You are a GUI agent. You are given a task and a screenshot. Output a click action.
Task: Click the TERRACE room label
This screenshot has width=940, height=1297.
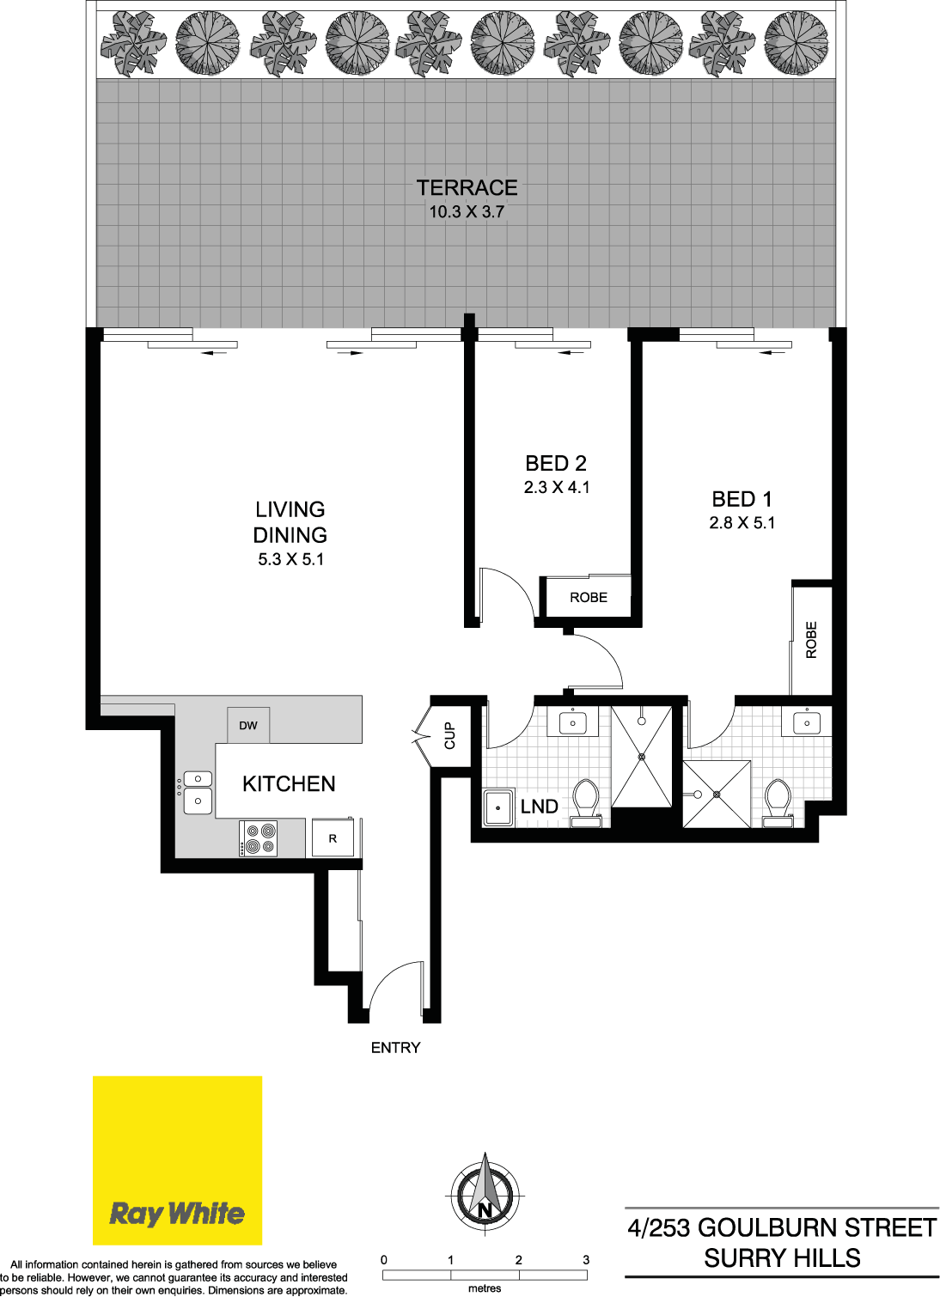[x=467, y=187]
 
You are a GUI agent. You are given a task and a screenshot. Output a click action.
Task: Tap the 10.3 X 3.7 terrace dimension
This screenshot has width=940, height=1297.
[x=467, y=212]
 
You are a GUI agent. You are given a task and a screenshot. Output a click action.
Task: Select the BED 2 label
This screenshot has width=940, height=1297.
[x=556, y=463]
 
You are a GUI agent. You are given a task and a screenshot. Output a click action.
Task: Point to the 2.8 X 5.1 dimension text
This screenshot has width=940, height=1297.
[x=742, y=523]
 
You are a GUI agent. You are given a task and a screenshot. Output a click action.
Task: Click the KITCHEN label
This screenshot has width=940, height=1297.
[x=289, y=784]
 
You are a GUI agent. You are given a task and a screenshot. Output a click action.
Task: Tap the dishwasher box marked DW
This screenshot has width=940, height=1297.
[x=247, y=725]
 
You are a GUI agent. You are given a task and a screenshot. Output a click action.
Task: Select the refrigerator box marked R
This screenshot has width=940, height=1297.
[x=333, y=837]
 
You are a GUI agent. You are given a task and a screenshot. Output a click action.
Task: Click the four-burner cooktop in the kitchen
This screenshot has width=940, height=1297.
[x=259, y=838]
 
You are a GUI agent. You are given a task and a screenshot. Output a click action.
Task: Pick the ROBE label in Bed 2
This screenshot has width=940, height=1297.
[x=589, y=598]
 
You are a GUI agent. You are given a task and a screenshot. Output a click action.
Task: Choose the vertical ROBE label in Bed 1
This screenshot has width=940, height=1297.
[x=811, y=640]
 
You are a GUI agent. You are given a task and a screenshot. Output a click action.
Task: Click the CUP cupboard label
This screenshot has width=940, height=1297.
[x=450, y=735]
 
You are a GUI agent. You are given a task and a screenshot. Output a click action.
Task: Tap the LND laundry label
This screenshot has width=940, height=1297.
[x=540, y=807]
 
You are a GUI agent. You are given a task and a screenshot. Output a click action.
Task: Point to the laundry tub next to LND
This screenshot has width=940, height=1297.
[x=498, y=807]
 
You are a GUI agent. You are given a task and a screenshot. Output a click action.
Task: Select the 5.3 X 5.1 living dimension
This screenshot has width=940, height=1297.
[x=290, y=559]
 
